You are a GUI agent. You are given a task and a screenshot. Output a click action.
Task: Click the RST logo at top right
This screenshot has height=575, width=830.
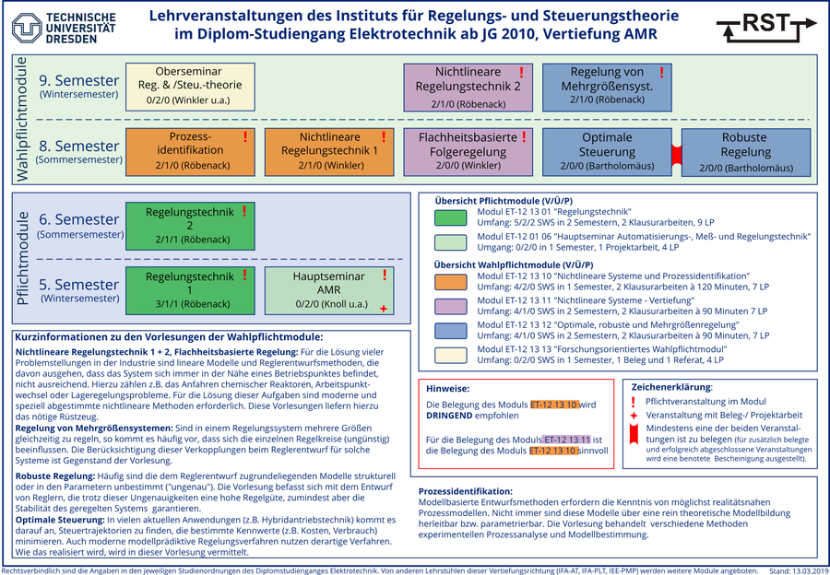click(765, 26)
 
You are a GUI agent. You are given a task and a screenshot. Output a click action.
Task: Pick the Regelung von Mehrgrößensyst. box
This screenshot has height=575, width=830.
click(607, 86)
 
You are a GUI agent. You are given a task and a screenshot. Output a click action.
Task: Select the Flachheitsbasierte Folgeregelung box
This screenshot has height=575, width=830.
click(468, 150)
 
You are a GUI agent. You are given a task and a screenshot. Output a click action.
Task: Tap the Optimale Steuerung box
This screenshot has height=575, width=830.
click(607, 150)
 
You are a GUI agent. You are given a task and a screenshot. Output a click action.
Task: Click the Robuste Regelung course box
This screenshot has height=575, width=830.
click(745, 150)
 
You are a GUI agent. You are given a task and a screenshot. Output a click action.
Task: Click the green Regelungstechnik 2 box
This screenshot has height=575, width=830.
click(189, 225)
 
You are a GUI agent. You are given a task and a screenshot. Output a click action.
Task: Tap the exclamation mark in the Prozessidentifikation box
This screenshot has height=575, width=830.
click(245, 137)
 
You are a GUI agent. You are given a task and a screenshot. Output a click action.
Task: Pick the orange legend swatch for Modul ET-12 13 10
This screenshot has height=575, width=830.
click(451, 282)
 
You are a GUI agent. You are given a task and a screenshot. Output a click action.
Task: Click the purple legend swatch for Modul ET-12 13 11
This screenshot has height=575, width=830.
click(451, 306)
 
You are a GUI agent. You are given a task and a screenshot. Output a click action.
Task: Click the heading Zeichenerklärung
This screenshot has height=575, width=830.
click(671, 387)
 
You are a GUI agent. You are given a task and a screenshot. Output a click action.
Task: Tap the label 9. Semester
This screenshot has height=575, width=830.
click(79, 80)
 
